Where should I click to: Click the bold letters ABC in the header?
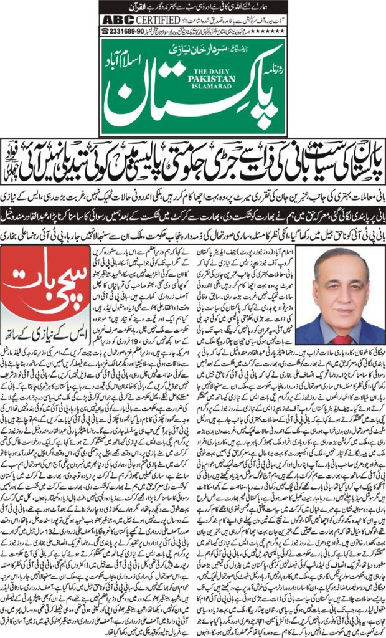click(x=116, y=19)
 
